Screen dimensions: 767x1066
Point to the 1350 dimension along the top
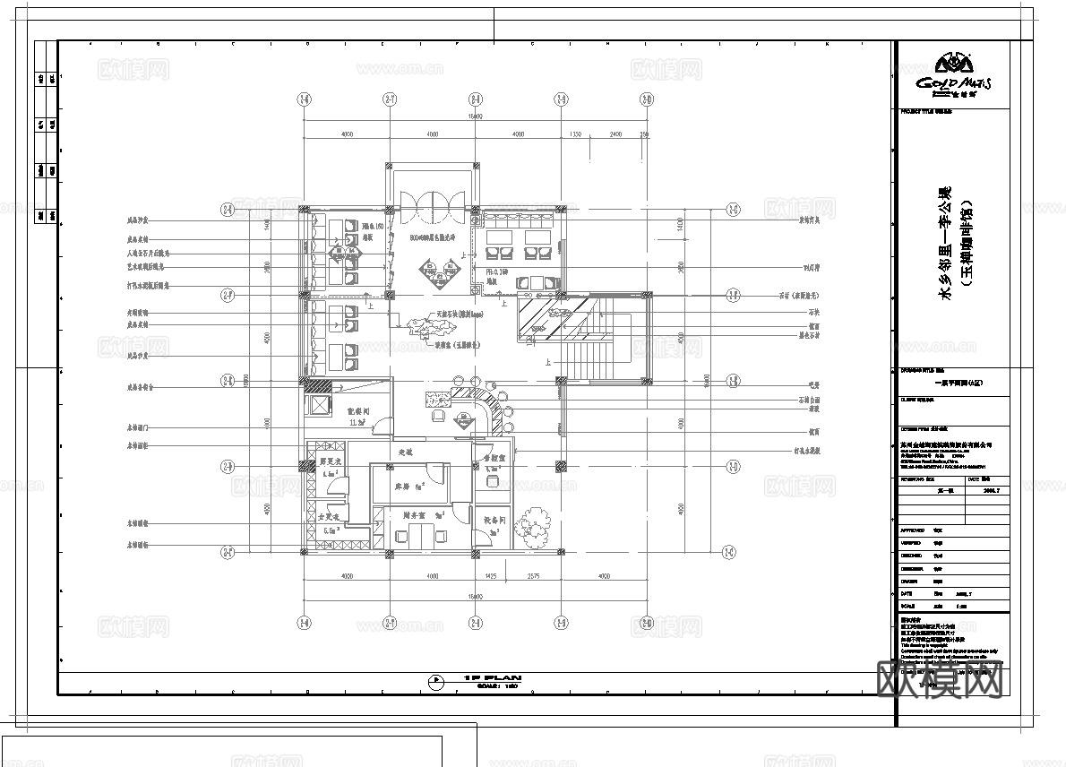[x=577, y=134]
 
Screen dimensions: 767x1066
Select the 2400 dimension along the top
[x=615, y=134]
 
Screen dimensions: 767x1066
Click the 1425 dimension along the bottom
[x=491, y=575]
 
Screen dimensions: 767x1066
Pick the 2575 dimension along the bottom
[x=534, y=575]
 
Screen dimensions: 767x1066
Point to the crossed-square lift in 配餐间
[x=317, y=404]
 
